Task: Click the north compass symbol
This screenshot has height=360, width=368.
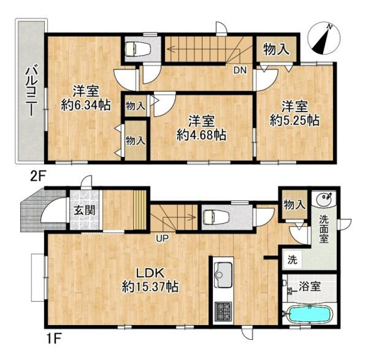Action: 323,37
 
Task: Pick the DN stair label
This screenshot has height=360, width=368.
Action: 239,70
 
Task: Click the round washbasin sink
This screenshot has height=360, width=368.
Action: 323,198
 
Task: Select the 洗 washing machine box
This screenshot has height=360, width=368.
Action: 293,260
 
